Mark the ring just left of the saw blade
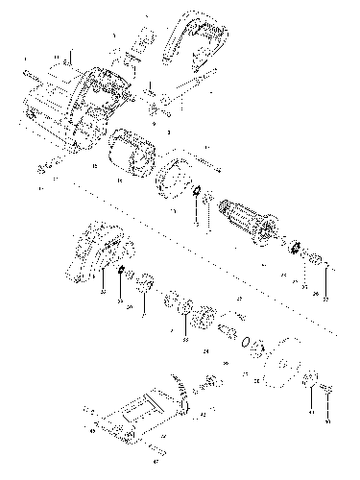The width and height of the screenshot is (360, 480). pyautogui.click(x=254, y=344)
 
